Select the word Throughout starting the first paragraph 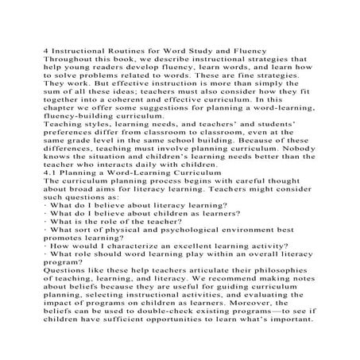tap(78, 60)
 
